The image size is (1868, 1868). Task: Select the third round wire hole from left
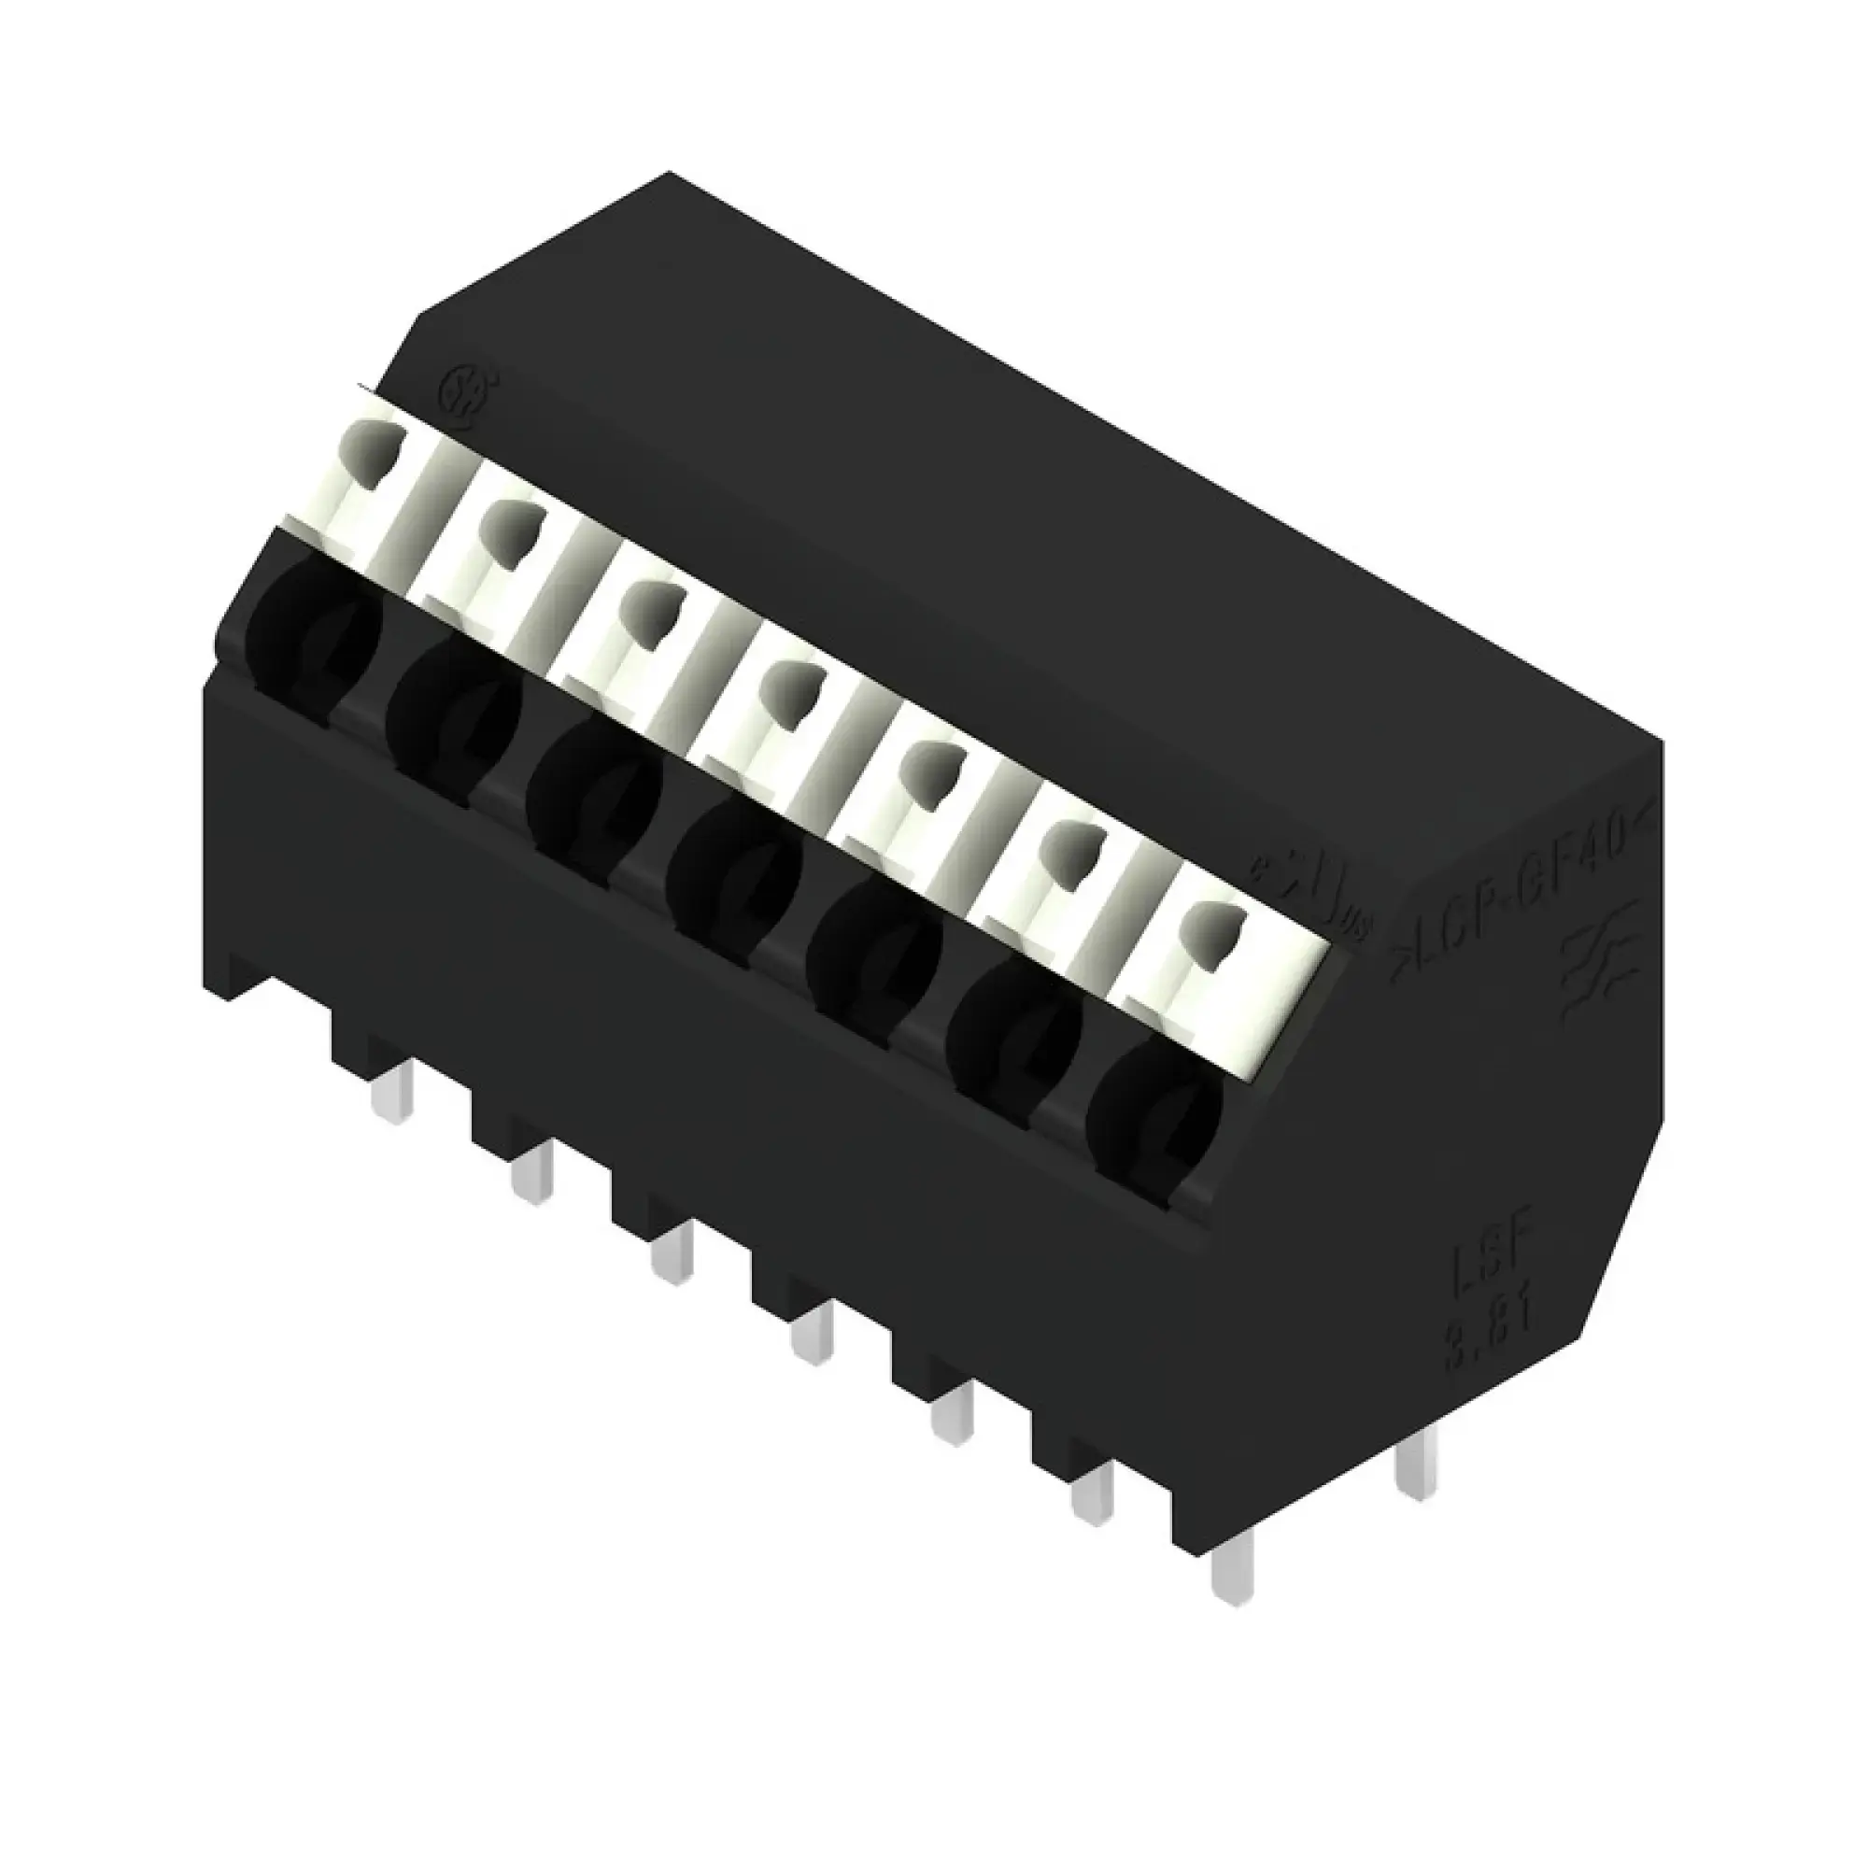coord(594,789)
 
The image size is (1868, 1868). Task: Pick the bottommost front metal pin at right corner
coord(1234,1567)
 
